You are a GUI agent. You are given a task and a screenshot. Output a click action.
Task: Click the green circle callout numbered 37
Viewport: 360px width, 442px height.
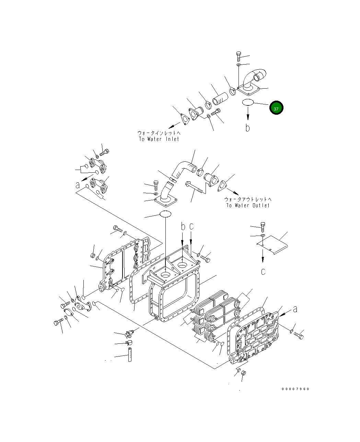point(276,108)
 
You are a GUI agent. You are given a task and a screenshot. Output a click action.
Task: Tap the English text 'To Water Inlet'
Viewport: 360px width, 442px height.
point(159,139)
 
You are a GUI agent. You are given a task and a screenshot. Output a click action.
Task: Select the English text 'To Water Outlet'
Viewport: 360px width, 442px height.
point(247,205)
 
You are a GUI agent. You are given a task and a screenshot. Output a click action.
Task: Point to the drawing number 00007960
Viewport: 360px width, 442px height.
point(295,389)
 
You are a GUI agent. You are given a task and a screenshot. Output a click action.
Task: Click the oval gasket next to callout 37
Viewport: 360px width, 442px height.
point(248,102)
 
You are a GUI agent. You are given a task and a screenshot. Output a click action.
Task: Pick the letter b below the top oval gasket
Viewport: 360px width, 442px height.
point(247,128)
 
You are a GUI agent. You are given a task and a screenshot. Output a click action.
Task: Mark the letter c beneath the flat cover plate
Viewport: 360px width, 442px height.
point(263,272)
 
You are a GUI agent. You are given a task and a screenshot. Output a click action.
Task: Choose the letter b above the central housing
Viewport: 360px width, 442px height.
point(183,227)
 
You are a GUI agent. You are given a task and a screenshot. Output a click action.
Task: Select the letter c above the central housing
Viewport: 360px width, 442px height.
point(191,227)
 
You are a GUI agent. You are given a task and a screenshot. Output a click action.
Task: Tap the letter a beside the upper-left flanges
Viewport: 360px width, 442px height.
point(78,185)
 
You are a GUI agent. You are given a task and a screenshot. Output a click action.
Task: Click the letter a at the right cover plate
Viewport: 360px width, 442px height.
point(294,309)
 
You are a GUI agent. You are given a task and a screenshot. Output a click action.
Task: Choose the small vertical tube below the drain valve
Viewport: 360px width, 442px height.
point(130,355)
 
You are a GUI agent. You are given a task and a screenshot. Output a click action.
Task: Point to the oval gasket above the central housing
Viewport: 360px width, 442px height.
point(165,214)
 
